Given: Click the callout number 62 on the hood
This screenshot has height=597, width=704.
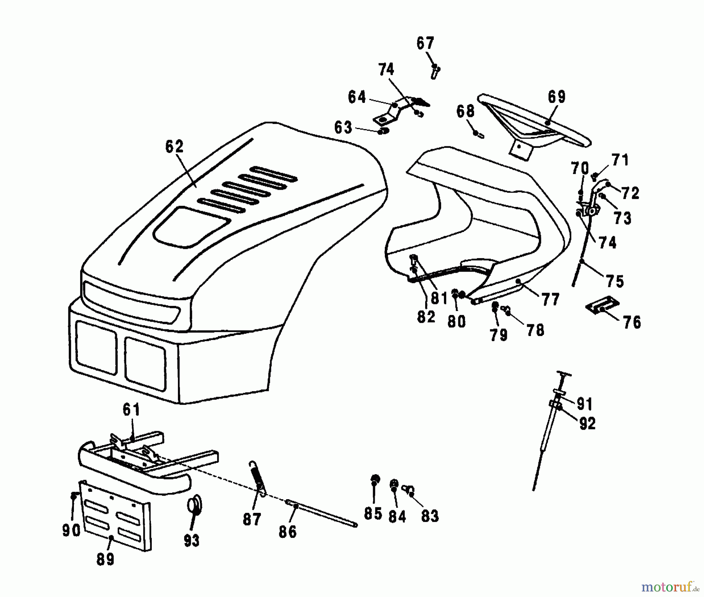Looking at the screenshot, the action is click(x=174, y=147).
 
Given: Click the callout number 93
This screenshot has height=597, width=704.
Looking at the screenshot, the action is click(x=192, y=541).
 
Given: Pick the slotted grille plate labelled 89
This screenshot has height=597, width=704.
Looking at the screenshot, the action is click(x=115, y=516).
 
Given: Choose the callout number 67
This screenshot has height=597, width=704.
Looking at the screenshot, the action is click(x=425, y=43).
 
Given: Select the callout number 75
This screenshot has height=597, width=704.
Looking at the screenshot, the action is click(x=615, y=281).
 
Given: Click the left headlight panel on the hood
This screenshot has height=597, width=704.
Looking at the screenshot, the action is click(x=96, y=347).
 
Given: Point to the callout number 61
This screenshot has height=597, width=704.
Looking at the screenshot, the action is click(x=131, y=410).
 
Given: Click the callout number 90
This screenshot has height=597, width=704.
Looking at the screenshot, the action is click(x=71, y=530).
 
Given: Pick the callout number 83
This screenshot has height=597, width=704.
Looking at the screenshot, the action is click(x=430, y=516).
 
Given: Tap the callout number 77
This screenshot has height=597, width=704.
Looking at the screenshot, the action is click(x=550, y=300).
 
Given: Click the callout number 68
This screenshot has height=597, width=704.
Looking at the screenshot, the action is click(x=465, y=111).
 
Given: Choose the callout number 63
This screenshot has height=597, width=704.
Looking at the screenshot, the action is click(x=343, y=128).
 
